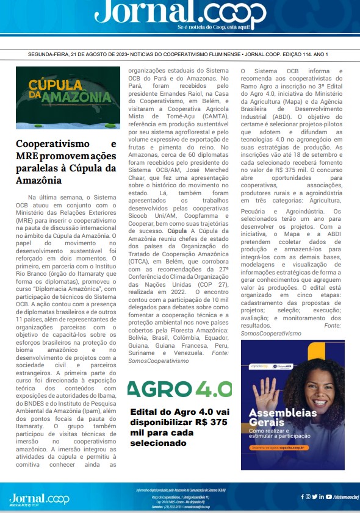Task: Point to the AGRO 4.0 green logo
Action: click(179, 389)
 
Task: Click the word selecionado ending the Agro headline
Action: click(158, 443)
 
